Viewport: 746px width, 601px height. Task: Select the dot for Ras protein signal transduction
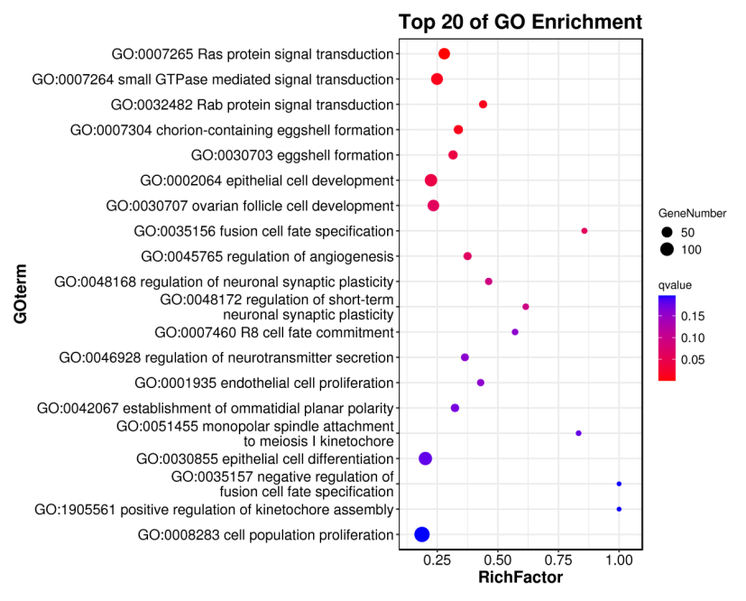pos(444,54)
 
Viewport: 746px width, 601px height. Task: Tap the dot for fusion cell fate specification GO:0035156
pos(585,231)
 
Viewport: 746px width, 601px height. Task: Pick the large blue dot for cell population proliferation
pos(421,534)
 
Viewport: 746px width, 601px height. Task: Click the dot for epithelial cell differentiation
pos(426,458)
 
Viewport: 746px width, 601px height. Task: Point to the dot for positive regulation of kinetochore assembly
pos(619,509)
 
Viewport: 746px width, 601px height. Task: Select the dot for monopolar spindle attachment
pos(578,433)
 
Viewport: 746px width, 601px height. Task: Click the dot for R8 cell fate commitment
pos(515,332)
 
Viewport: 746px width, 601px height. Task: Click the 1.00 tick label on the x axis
pos(619,560)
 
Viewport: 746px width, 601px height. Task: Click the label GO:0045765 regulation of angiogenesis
pos(267,256)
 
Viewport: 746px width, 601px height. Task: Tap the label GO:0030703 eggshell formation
pos(292,155)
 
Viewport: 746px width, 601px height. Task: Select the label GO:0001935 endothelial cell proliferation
pos(263,383)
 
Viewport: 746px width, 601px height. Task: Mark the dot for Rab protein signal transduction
pos(483,105)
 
